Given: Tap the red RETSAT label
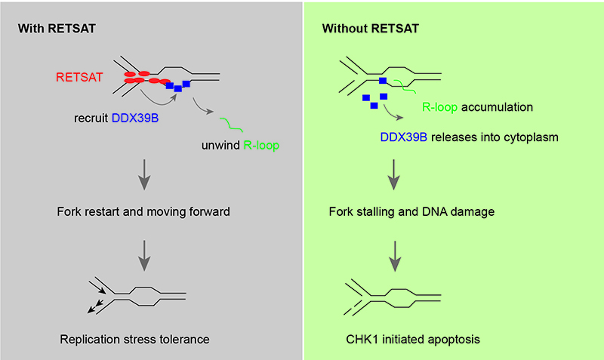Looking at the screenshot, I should point(77,77).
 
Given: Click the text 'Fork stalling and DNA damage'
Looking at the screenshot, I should point(411,212).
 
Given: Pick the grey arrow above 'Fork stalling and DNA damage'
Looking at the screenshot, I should point(393,180).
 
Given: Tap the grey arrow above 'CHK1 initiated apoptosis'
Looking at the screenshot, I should point(393,254).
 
